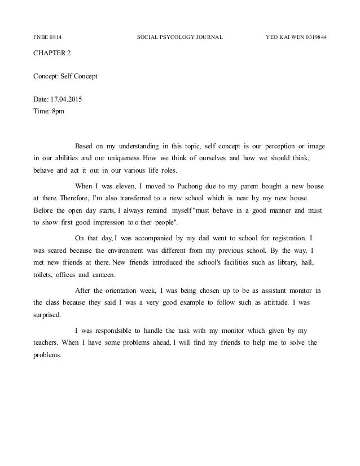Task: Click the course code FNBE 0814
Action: [x=47, y=38]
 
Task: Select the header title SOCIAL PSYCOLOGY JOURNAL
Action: [x=180, y=38]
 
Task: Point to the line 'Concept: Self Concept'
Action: [x=65, y=75]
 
